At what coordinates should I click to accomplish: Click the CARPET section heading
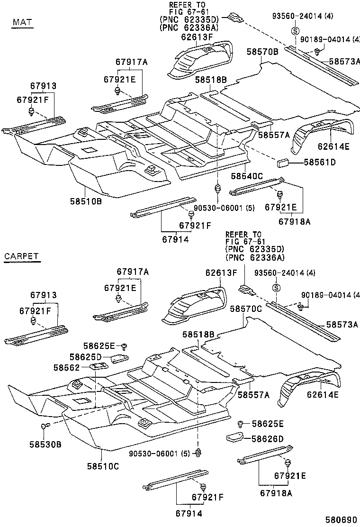tap(21, 256)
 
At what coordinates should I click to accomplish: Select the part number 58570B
tap(262, 52)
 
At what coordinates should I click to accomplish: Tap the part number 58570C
tap(246, 309)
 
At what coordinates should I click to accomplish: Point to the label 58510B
tap(86, 201)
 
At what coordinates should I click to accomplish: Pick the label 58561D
tap(319, 163)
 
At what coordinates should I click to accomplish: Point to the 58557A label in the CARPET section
tap(253, 394)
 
